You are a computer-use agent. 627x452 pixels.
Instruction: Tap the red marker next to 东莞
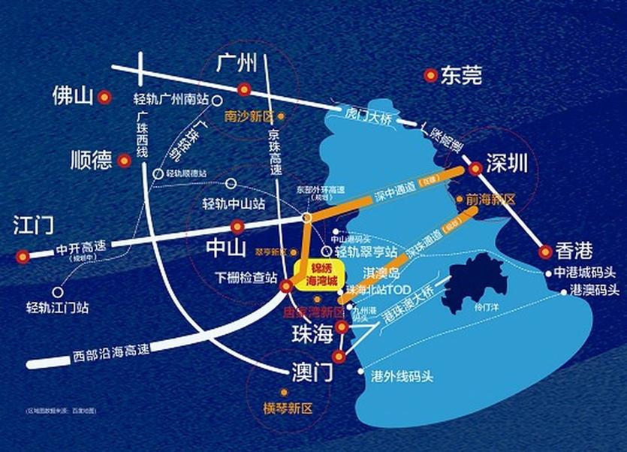(430, 75)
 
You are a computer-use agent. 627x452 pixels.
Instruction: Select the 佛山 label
(72, 96)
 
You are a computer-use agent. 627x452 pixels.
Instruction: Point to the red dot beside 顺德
(124, 159)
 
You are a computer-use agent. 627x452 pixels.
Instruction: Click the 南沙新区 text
(250, 117)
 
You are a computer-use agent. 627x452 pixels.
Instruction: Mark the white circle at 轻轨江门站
(57, 291)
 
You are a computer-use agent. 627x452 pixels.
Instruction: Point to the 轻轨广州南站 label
(172, 99)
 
